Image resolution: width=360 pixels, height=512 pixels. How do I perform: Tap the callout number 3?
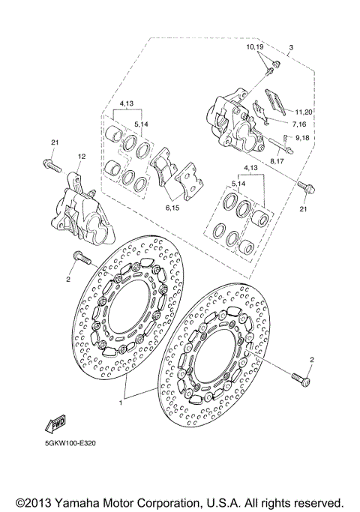[x=291, y=48]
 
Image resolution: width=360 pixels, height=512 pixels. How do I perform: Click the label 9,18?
[x=304, y=139]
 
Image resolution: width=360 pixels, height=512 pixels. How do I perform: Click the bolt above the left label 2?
[x=80, y=259]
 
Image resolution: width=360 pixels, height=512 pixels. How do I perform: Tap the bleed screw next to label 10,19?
[x=268, y=70]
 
